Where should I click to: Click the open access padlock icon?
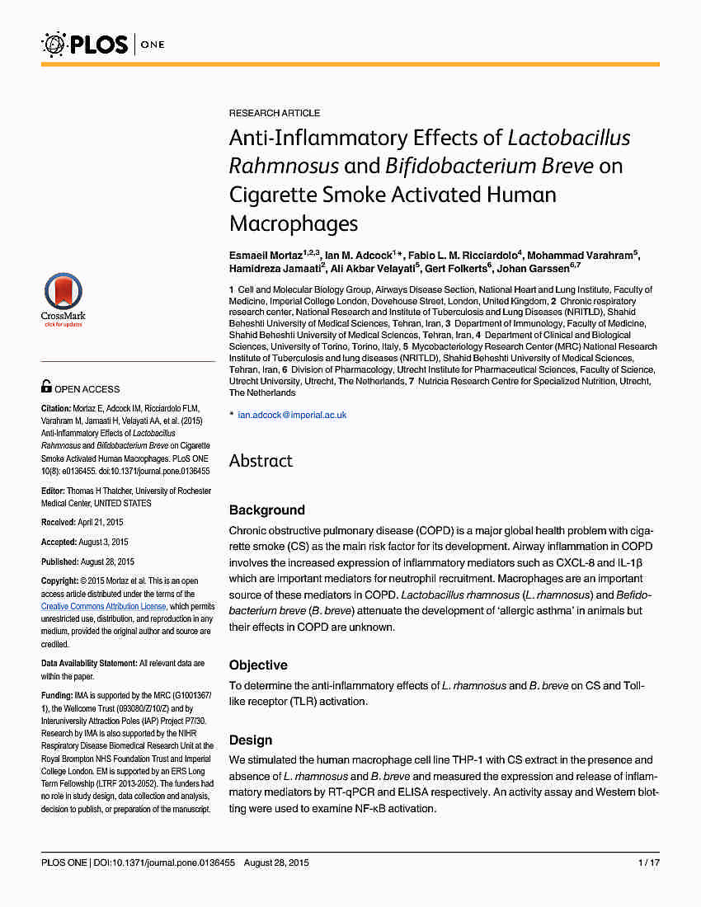pyautogui.click(x=47, y=386)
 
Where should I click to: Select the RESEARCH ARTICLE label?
pyautogui.click(x=275, y=113)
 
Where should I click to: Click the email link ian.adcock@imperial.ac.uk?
pyautogui.click(x=292, y=415)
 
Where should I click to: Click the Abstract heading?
pyautogui.click(x=261, y=461)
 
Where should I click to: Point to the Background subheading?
pyautogui.click(x=266, y=510)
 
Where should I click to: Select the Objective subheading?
pyautogui.click(x=258, y=665)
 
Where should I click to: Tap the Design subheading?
pyautogui.click(x=251, y=740)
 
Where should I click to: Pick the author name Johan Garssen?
pyautogui.click(x=534, y=268)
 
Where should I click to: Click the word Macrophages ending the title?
pyautogui.click(x=294, y=223)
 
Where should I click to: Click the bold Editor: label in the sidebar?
pyautogui.click(x=53, y=491)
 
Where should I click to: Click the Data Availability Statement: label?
pyautogui.click(x=89, y=663)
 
